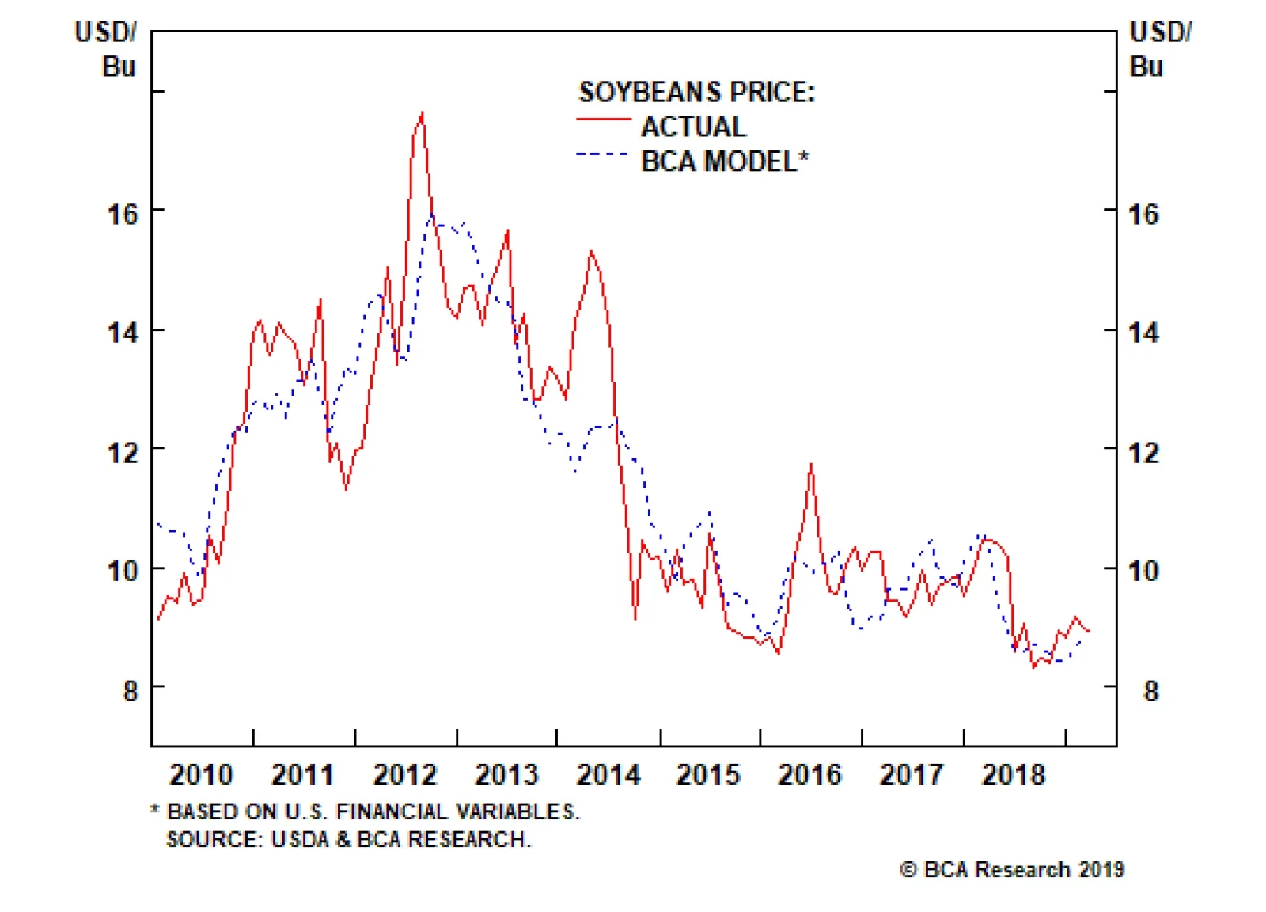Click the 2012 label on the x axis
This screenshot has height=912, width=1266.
(404, 774)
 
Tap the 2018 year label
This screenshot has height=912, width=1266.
(1013, 774)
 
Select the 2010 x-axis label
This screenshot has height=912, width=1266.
(201, 774)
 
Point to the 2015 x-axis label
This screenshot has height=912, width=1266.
(708, 774)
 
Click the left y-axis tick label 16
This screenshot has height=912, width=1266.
(123, 214)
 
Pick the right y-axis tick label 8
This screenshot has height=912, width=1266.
(1150, 691)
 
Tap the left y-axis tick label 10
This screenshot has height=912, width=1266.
(123, 571)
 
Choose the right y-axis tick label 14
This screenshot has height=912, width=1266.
(1143, 332)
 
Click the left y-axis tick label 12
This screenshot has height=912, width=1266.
(123, 453)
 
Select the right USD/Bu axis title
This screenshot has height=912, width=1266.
(1158, 49)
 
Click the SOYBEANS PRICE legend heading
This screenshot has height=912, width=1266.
(696, 93)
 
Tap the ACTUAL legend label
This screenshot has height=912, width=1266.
(693, 127)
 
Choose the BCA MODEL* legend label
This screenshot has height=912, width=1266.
(725, 161)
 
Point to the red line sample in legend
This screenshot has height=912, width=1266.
(603, 120)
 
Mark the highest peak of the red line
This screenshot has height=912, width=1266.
(422, 113)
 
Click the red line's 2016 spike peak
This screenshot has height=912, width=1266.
(811, 465)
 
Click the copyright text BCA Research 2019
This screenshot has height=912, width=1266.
(1012, 869)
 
